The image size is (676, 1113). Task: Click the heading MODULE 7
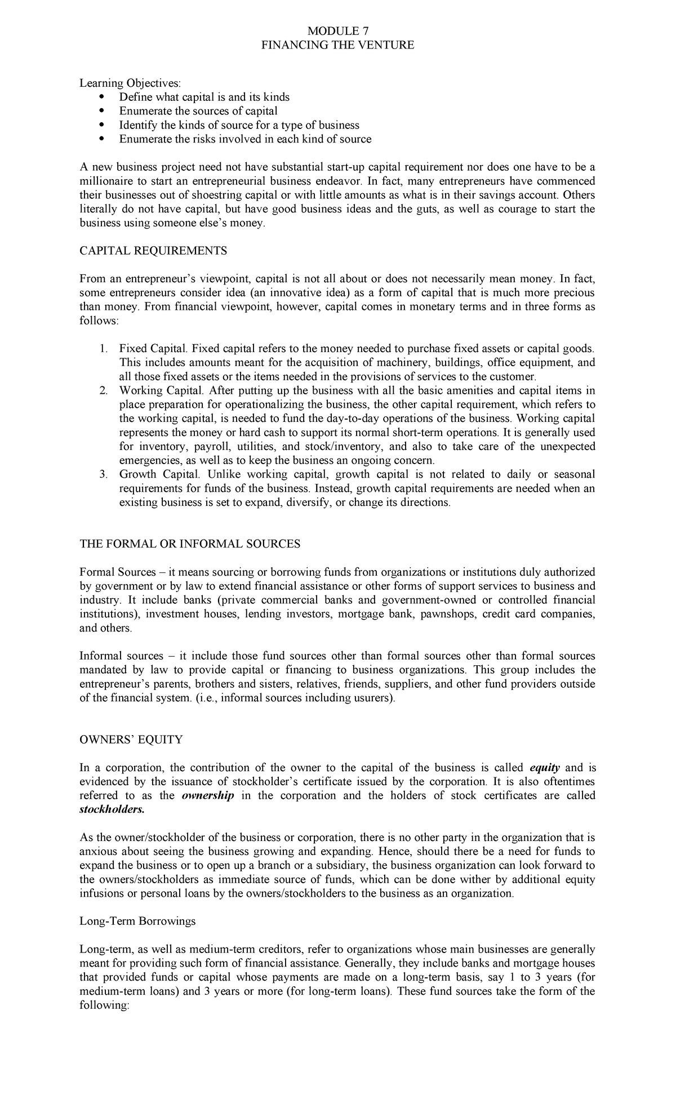(x=337, y=31)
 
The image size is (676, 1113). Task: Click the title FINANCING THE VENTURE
(x=337, y=45)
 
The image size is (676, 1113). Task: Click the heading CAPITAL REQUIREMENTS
(x=153, y=251)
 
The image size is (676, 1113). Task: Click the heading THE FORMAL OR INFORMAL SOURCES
(x=190, y=544)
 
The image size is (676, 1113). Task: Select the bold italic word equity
(x=545, y=768)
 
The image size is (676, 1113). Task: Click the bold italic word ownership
(x=208, y=796)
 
